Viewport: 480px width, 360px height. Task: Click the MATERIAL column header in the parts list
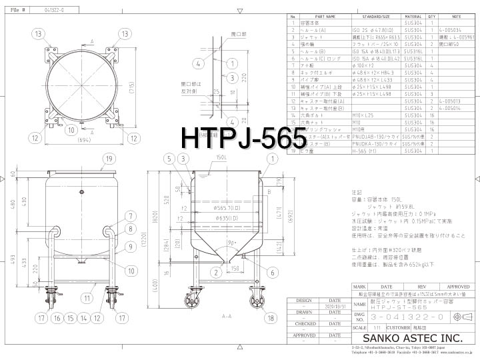coord(413,17)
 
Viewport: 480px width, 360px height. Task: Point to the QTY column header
coord(431,17)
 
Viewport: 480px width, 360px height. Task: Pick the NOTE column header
coord(456,17)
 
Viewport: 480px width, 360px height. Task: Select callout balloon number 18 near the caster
coord(271,319)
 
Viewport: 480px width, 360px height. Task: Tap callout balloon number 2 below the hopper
coord(217,272)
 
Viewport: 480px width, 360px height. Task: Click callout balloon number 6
coord(272,272)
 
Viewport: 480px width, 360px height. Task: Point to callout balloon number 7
coord(131,216)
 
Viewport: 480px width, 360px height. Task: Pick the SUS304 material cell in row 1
coord(413,23)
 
